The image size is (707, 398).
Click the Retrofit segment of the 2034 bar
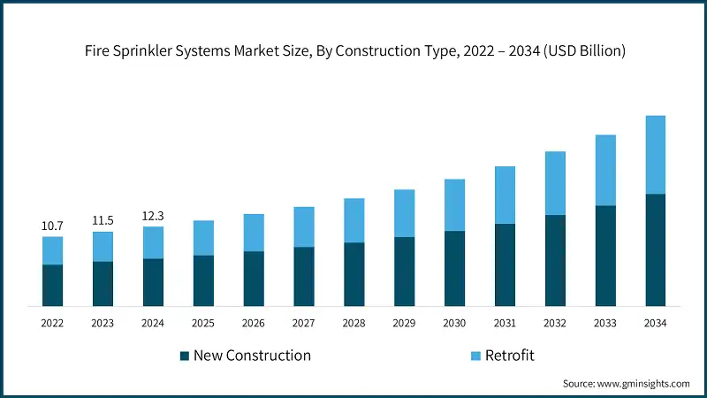point(655,155)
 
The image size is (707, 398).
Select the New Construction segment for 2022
point(52,285)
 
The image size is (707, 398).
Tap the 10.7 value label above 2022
point(52,226)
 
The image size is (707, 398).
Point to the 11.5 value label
point(103,221)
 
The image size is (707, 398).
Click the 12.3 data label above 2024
point(153,216)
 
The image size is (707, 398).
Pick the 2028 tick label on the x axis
point(353,324)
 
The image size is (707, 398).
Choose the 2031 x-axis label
point(505,324)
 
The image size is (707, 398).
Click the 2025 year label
point(203,324)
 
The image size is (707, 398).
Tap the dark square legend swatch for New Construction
point(184,356)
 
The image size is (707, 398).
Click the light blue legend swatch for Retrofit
point(475,356)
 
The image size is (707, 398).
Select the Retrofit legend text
point(510,356)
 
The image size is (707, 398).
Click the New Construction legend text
point(252,356)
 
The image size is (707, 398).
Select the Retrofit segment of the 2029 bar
point(404,213)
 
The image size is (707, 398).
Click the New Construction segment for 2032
point(555,260)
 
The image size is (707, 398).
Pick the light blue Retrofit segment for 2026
point(254,233)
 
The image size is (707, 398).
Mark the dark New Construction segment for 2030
point(454,268)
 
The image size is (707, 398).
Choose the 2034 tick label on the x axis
point(655,324)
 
